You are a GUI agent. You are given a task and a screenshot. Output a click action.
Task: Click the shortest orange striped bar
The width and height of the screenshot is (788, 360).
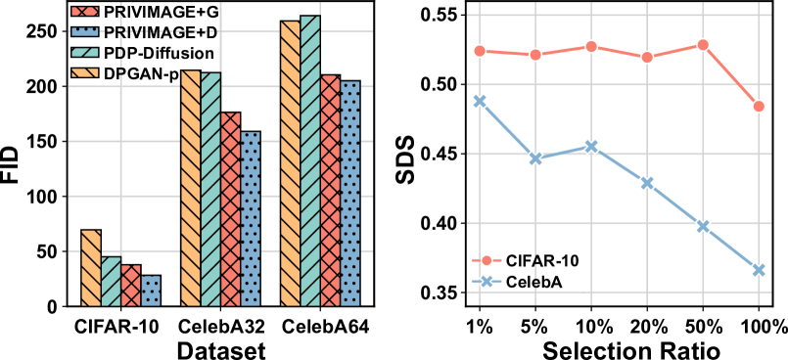click(91, 268)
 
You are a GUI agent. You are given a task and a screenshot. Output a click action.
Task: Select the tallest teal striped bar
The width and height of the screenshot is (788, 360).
click(310, 160)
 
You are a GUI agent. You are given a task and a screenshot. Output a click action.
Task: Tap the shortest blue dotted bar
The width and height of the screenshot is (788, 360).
click(151, 291)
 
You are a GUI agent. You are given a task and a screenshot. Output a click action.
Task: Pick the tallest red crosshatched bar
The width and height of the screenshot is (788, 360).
click(330, 191)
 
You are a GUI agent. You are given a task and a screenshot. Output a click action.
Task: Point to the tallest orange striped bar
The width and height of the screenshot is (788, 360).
click(291, 163)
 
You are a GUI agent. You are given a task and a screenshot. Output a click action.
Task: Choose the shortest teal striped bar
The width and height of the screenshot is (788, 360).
click(111, 282)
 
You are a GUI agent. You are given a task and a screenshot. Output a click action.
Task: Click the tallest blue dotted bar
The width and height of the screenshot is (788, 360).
click(349, 194)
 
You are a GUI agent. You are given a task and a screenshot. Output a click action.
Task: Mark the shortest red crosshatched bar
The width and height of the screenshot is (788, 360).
click(131, 286)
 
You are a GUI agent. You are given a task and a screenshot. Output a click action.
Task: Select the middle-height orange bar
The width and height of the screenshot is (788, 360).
click(191, 188)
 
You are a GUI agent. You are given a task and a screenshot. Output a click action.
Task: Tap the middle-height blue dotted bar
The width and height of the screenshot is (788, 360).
click(251, 219)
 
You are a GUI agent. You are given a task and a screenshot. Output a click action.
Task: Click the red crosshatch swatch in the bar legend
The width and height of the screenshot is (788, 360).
click(85, 11)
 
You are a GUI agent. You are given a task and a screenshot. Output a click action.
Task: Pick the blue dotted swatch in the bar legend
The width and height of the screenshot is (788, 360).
click(85, 31)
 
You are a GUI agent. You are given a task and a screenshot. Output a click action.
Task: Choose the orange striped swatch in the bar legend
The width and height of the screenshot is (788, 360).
click(85, 72)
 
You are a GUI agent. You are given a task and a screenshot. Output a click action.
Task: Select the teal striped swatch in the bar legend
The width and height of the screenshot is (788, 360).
click(85, 52)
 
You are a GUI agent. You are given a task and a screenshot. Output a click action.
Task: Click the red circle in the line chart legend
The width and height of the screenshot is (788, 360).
click(487, 260)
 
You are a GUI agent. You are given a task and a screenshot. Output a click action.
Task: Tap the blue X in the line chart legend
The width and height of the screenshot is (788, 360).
click(487, 281)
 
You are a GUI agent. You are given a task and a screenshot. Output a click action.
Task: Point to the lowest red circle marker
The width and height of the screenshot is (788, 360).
click(759, 106)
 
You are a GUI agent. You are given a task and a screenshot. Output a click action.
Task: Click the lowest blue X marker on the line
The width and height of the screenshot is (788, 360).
click(759, 270)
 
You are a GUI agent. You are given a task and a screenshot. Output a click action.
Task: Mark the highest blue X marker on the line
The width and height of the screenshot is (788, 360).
click(480, 101)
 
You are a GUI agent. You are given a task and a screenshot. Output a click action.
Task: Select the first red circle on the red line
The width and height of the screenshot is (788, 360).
click(480, 51)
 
